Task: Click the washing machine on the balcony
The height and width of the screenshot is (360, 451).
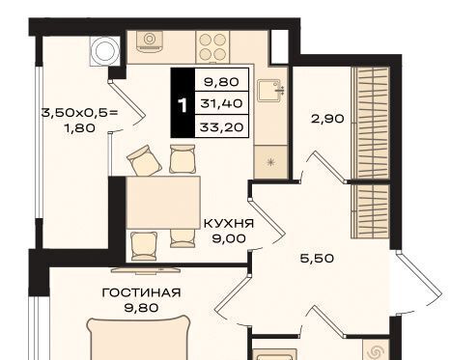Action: point(105,51)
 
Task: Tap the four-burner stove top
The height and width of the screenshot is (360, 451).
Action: point(212,47)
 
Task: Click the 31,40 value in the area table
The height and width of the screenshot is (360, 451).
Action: point(221,103)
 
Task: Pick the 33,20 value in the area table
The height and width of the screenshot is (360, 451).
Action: point(221,127)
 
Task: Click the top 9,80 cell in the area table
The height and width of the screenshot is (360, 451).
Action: point(221,82)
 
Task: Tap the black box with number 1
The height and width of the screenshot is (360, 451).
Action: point(183,103)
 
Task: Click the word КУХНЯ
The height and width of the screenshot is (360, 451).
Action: point(229,223)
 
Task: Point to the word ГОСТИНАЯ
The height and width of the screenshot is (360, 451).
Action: point(141,292)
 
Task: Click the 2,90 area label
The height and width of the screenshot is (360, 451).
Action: point(327,119)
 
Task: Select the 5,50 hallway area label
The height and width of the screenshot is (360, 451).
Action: point(317,259)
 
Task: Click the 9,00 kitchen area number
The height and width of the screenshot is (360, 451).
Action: point(229,238)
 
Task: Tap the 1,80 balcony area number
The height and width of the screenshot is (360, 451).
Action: point(79,128)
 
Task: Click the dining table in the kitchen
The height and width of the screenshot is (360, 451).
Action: point(163,203)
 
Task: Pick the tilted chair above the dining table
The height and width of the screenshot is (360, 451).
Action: point(144,160)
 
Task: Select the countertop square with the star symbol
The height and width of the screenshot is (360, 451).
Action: point(270,161)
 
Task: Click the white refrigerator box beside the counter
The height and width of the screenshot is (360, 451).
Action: point(279,47)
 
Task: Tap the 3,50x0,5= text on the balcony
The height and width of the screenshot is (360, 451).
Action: point(79,113)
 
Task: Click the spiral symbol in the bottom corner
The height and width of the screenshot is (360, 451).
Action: point(376,350)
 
